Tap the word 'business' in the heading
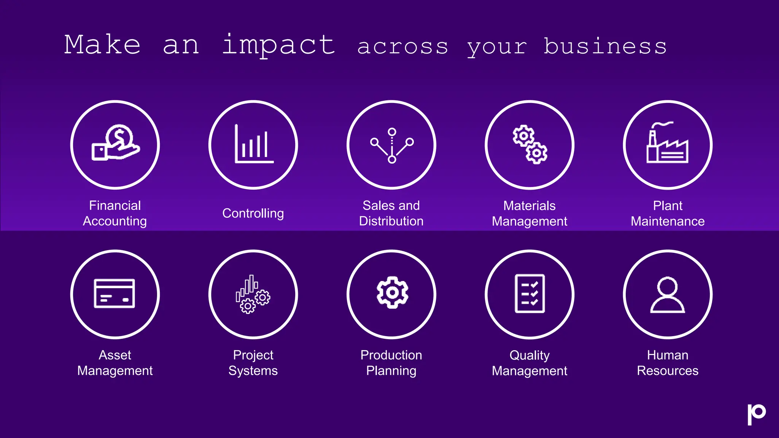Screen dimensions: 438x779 (x=605, y=46)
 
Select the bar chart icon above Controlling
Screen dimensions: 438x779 (x=254, y=144)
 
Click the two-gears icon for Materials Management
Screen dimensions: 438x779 (x=530, y=144)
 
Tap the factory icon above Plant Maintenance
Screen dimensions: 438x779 (x=668, y=143)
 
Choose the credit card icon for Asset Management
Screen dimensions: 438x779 (x=114, y=294)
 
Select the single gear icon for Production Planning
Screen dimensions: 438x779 (x=392, y=292)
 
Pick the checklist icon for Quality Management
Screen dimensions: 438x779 (x=530, y=294)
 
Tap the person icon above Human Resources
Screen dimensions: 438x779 (x=668, y=295)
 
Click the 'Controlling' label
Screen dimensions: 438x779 (x=253, y=213)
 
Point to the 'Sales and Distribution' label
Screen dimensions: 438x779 (x=391, y=213)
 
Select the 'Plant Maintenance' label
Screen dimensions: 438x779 (x=668, y=213)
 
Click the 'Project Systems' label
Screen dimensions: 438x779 (x=253, y=363)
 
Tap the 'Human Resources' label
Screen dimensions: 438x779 (x=668, y=363)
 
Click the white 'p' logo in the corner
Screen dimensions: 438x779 (x=756, y=414)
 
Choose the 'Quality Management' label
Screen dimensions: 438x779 (x=529, y=363)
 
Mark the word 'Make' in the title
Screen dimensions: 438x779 (x=102, y=45)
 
